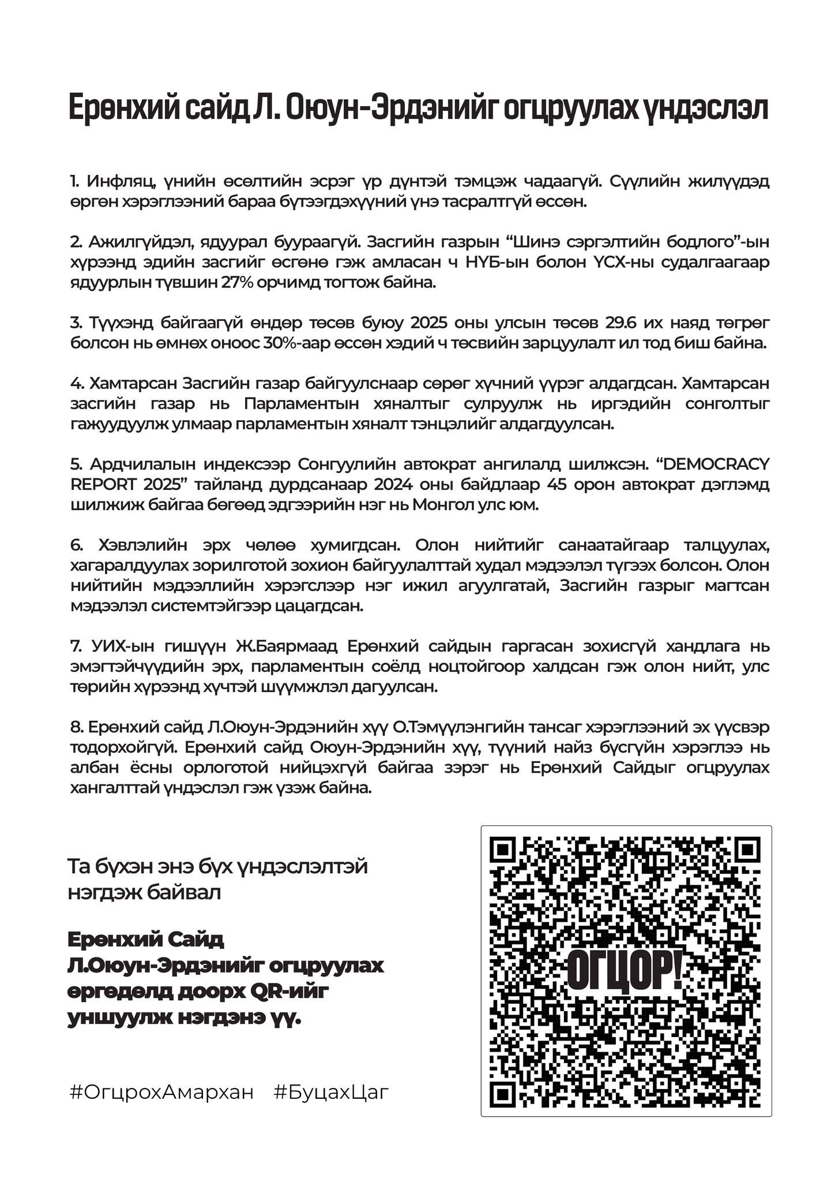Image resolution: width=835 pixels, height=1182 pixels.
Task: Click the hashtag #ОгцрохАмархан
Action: click(x=161, y=1093)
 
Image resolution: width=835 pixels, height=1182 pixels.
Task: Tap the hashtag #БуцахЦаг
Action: click(x=332, y=1093)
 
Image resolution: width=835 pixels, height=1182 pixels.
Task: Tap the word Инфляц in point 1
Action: click(x=120, y=181)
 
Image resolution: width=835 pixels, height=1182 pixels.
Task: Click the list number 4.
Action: click(x=76, y=383)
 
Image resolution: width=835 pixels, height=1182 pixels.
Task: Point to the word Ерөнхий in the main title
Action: click(x=123, y=108)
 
